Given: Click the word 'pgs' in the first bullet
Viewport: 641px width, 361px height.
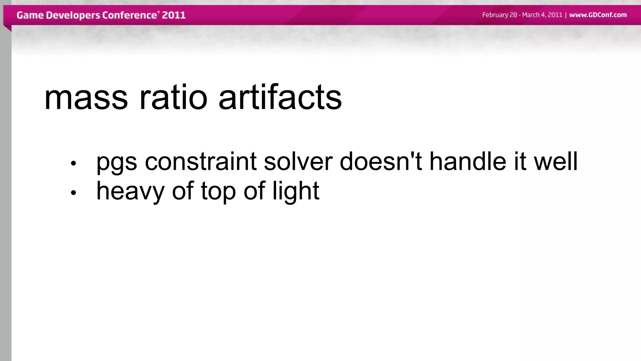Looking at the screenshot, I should (116, 162).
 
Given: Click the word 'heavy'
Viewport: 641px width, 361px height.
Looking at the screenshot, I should (130, 191).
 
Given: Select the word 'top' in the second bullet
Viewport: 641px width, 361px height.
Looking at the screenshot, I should (218, 191).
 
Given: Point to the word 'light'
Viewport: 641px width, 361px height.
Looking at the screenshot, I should (296, 191).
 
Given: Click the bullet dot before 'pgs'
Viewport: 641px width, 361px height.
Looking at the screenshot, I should (73, 163).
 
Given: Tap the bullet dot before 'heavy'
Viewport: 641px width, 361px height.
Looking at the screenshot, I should (73, 193).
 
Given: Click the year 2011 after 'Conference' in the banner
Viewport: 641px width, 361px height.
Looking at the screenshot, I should (174, 15).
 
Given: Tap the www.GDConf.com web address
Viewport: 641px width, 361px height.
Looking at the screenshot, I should (598, 15).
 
